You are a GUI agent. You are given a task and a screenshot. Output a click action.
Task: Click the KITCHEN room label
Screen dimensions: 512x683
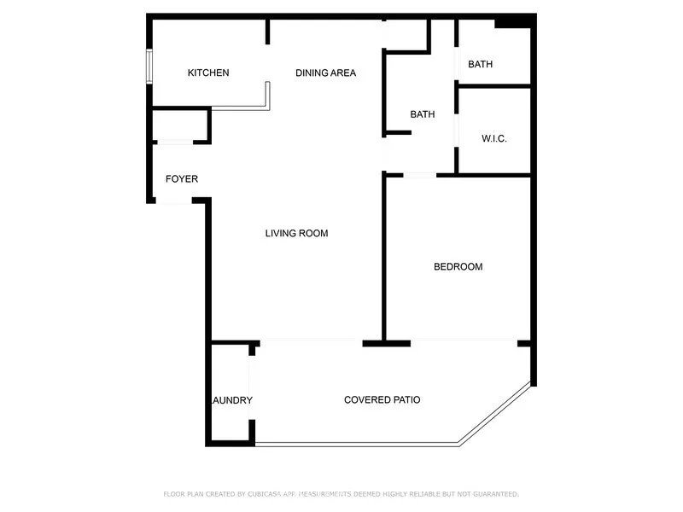[x=208, y=73]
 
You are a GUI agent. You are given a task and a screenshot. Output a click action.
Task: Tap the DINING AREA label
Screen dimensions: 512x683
[x=325, y=73]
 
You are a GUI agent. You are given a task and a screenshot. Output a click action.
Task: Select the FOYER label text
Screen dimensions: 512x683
[x=181, y=179]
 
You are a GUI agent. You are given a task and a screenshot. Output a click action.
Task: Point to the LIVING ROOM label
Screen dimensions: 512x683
[x=296, y=233]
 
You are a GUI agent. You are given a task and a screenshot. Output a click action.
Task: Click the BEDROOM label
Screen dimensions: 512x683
[x=458, y=267]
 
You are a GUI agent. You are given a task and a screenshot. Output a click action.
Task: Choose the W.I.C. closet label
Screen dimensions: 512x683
[x=494, y=138]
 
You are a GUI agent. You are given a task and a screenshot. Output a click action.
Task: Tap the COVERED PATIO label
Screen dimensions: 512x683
[x=382, y=399]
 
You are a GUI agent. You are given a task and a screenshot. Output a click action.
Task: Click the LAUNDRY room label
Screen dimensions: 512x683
[x=231, y=400]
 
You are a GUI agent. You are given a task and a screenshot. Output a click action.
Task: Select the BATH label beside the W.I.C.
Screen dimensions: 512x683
[x=423, y=114]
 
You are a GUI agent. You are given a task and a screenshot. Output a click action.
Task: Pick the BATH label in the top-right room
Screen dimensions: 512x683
[x=480, y=64]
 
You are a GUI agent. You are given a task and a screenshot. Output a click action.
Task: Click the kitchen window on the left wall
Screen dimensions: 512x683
[x=149, y=66]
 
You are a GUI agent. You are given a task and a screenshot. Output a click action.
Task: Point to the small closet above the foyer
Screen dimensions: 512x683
[x=179, y=125]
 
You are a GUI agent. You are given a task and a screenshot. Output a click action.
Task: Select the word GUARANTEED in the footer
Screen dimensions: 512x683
[x=490, y=494]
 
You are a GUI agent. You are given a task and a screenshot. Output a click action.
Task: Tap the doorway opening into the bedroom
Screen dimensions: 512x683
[x=419, y=175]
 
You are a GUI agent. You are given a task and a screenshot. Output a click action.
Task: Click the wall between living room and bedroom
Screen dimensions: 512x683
[x=383, y=256]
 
